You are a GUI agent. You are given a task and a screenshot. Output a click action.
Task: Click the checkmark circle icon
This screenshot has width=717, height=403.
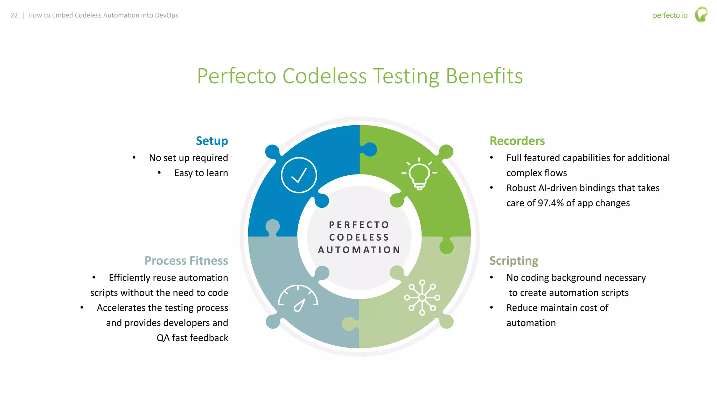pos(299,175)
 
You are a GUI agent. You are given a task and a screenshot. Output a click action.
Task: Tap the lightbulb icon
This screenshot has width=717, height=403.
pos(419,174)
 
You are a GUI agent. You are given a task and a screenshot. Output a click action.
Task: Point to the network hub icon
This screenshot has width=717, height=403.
pos(422,298)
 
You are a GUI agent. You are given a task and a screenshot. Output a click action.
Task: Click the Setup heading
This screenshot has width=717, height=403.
pos(212,141)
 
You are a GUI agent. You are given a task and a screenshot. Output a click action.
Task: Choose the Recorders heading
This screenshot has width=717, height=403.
pos(517,141)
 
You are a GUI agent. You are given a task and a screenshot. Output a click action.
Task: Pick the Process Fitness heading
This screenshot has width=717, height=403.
pos(186,261)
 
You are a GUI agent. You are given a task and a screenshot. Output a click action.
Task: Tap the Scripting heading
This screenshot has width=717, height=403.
pos(514,261)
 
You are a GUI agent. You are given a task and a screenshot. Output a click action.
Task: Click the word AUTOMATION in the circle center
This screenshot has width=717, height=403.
pos(359,250)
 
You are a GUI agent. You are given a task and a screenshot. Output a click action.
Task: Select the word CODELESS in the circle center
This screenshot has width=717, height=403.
pos(359,237)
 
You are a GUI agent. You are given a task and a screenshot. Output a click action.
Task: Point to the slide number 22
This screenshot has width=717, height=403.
pos(14,15)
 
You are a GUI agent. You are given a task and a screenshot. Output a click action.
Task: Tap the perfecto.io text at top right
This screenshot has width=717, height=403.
pos(670,15)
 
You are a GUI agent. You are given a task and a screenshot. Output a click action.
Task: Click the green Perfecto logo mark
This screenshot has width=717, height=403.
pos(701,15)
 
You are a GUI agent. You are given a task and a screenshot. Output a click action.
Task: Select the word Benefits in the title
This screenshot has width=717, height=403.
pos(484,76)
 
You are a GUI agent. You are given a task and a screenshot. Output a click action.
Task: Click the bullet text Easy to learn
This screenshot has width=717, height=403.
pos(201,173)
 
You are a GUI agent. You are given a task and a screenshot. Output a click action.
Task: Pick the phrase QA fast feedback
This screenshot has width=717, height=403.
pos(192,338)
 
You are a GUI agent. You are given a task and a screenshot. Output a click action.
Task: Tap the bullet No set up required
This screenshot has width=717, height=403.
pos(188,158)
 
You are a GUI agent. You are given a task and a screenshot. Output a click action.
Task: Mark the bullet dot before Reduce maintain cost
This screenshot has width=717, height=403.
pos(492,308)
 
